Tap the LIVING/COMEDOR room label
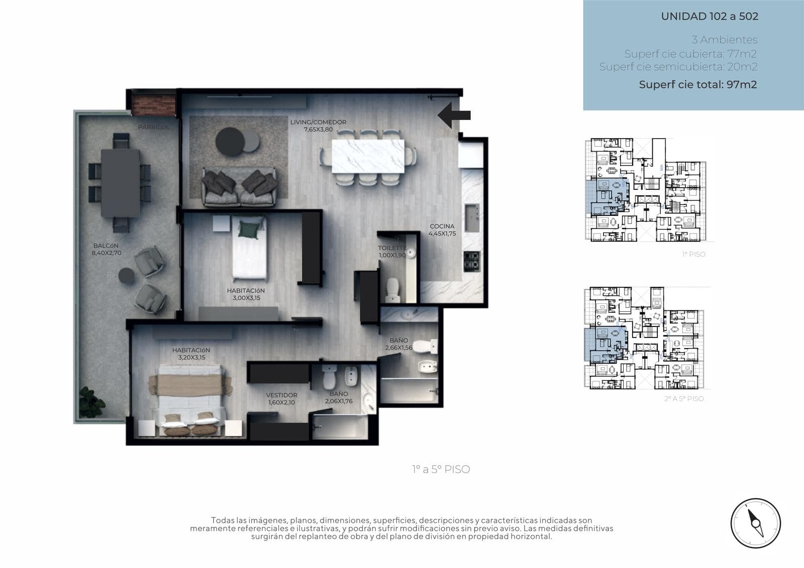tap(319, 122)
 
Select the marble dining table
tap(368, 157)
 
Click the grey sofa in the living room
tap(239, 187)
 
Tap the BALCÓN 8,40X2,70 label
tap(106, 249)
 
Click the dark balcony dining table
tap(120, 183)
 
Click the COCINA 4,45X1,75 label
tap(442, 230)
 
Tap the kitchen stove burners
tap(472, 262)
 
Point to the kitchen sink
tap(472, 218)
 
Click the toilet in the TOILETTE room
tap(392, 290)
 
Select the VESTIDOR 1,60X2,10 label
tap(282, 398)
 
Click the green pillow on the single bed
tap(249, 230)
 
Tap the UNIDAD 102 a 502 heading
tap(710, 16)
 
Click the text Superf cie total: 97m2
tap(698, 84)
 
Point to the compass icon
tap(756, 523)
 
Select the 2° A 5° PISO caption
tap(684, 399)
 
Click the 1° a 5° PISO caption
tap(441, 470)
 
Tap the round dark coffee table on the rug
tap(230, 142)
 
